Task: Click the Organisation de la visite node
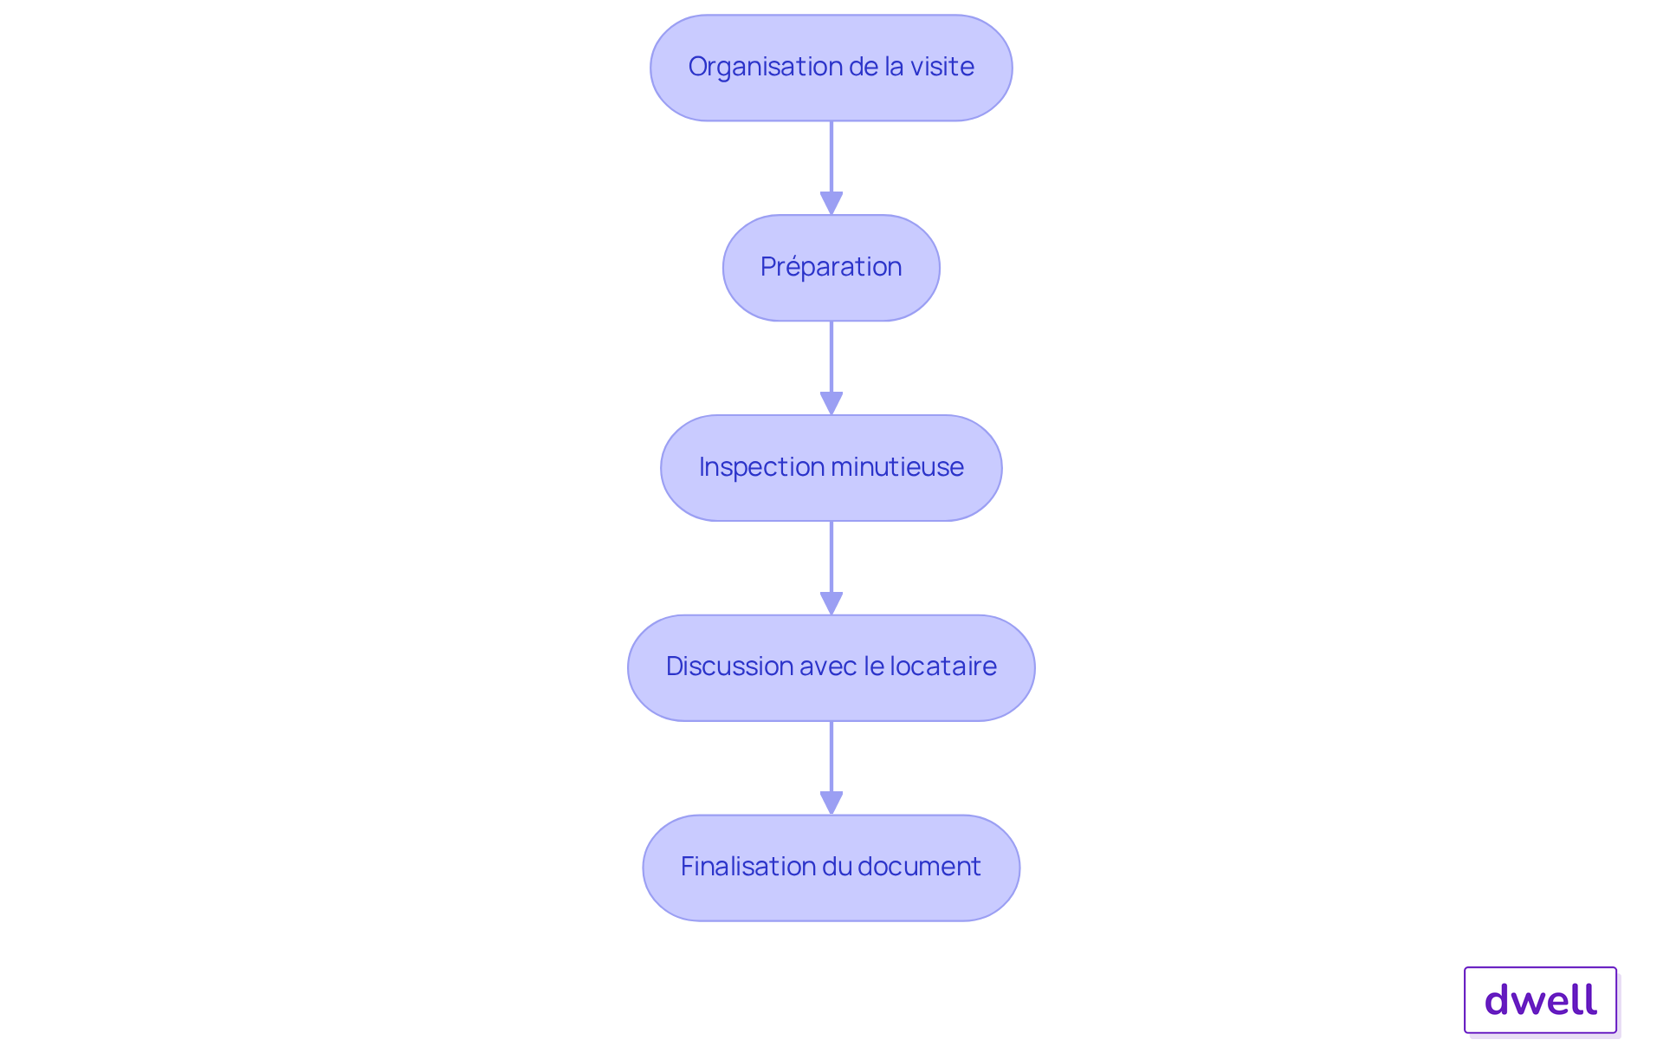click(x=831, y=68)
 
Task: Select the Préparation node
click(x=831, y=268)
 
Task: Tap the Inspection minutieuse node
click(x=831, y=468)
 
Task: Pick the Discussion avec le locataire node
click(x=831, y=668)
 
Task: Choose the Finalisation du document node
click(x=831, y=868)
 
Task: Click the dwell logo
click(x=1541, y=1000)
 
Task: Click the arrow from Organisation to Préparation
click(x=831, y=168)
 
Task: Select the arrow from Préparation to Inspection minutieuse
click(x=831, y=368)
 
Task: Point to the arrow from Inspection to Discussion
click(x=831, y=569)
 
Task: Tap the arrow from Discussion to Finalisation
click(x=831, y=768)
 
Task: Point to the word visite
click(x=942, y=67)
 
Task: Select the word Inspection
click(x=755, y=468)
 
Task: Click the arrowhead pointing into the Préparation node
click(x=831, y=204)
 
